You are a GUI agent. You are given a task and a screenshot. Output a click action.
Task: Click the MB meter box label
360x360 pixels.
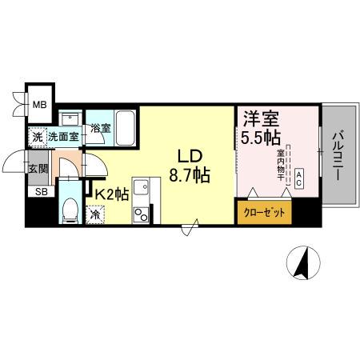point(38,102)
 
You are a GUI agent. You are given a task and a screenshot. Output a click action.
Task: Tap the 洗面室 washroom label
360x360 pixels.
point(63,137)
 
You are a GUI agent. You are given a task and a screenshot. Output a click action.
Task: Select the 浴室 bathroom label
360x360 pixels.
point(100,128)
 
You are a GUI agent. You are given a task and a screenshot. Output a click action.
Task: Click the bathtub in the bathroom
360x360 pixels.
point(125,126)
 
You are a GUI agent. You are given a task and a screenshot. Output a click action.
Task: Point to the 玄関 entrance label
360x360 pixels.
point(38,169)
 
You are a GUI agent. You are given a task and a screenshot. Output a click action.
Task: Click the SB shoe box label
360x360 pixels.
point(38,192)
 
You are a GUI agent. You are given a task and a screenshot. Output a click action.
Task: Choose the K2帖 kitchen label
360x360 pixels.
point(112,193)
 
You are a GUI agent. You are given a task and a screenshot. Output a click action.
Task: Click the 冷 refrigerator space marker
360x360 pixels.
point(94,214)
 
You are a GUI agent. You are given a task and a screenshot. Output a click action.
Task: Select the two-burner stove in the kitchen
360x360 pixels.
point(142,214)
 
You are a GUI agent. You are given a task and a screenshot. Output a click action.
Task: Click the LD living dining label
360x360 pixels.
point(190,154)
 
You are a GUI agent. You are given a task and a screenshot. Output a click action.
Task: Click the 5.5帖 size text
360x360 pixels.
point(261,137)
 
